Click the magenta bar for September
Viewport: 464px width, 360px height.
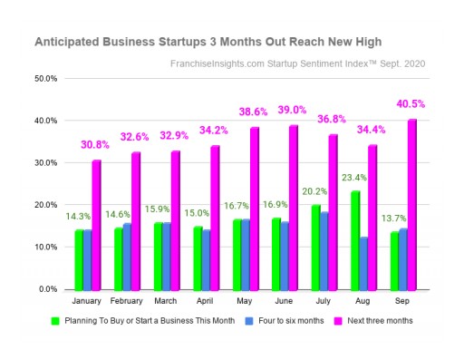pos(412,204)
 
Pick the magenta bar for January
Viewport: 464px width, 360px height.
pos(96,224)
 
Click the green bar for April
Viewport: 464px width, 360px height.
pos(198,258)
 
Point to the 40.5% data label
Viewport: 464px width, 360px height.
pos(411,104)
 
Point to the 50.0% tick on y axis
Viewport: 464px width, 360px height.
pos(47,79)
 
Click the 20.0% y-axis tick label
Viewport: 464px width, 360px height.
pos(47,205)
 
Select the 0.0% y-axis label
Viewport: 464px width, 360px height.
pos(49,289)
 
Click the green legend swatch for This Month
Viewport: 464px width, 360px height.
pos(56,321)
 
